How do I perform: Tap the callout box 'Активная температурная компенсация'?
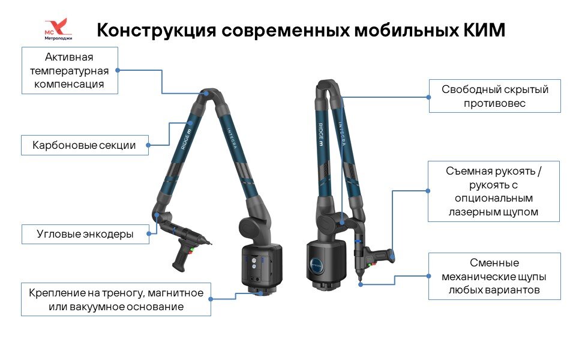(x=70, y=71)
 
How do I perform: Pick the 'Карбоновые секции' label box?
(x=85, y=145)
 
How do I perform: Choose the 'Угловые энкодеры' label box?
(x=85, y=234)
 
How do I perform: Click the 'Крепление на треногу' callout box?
(x=116, y=299)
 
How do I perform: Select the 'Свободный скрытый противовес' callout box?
(x=494, y=96)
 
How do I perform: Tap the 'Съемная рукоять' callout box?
(x=494, y=191)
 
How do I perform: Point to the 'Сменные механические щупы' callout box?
(x=494, y=277)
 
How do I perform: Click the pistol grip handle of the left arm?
(x=181, y=257)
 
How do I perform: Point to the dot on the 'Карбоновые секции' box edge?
(x=148, y=145)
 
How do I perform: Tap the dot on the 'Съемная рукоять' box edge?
(x=428, y=191)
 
